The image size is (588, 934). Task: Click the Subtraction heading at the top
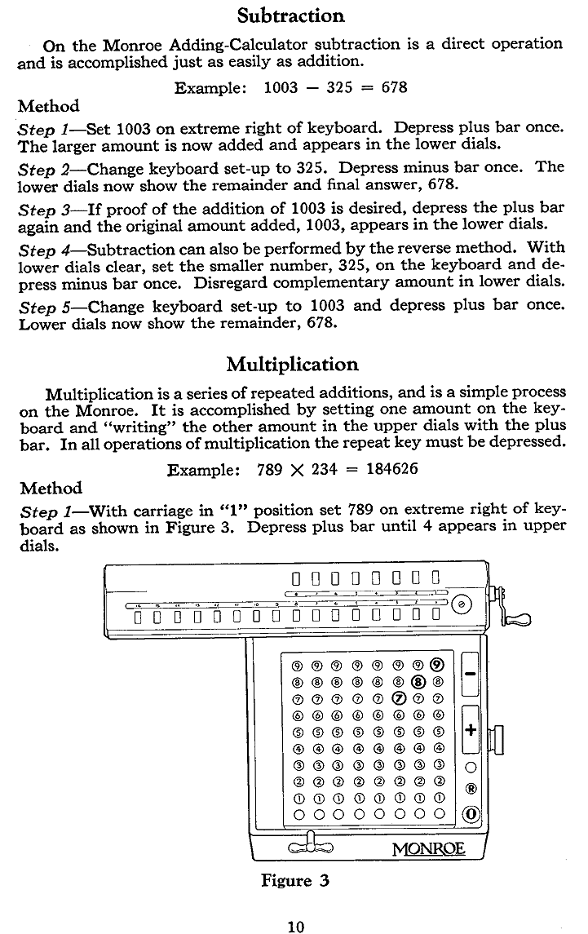pos(291,15)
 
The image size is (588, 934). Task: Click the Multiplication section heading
pos(292,364)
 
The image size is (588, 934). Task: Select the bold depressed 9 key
pos(439,663)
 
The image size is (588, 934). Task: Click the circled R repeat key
pos(471,789)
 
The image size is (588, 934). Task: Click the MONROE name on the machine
pos(428,848)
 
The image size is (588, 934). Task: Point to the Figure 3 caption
pos(294,880)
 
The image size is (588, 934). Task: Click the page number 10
pos(295,926)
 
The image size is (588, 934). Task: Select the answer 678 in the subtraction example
pos(395,86)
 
